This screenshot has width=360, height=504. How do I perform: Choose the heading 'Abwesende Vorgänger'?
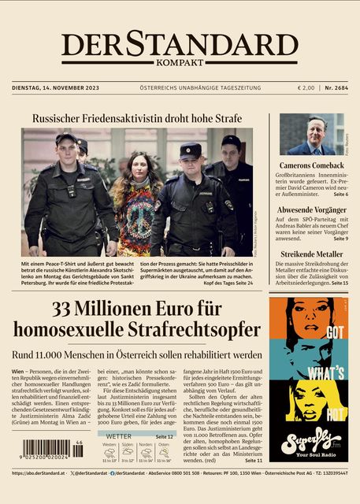[310, 210]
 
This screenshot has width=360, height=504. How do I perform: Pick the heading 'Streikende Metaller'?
[310, 254]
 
